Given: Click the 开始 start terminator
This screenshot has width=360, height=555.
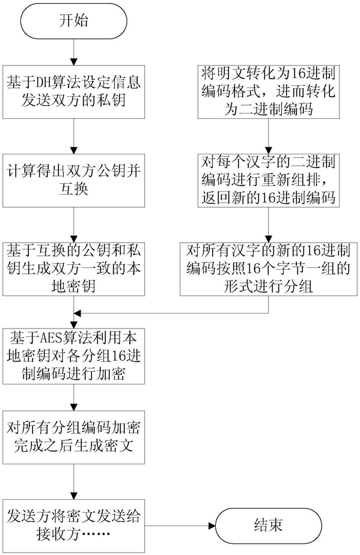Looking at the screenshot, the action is (74, 21).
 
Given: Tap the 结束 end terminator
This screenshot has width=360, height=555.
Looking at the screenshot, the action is (268, 526).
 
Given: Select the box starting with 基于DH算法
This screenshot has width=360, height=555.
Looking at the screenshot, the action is (74, 92).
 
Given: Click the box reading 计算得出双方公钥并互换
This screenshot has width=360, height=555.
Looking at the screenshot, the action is (74, 181).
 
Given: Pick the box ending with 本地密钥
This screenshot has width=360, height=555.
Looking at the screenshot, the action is (74, 269).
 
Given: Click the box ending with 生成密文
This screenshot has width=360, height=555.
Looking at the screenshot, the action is (74, 437).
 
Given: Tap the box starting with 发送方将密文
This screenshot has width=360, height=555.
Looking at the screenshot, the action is (74, 526).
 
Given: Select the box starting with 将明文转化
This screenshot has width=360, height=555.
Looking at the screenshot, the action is (269, 92).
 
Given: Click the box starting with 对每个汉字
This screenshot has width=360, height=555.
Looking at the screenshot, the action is (269, 181).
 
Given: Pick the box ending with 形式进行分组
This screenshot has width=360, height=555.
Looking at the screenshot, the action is (269, 269).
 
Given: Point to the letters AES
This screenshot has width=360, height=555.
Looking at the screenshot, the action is (50, 339).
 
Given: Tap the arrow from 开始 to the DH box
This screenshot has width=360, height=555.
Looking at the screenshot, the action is (74, 52).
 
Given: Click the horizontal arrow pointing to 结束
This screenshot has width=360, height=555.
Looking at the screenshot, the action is (180, 526).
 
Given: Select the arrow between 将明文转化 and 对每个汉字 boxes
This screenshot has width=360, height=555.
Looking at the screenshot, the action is (269, 136).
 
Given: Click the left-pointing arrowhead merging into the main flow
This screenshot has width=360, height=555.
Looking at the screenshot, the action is (78, 314).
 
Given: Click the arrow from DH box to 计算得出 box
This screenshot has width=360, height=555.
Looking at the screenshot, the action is (74, 136).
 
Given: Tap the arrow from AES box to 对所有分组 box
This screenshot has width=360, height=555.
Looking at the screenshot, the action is (74, 397).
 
